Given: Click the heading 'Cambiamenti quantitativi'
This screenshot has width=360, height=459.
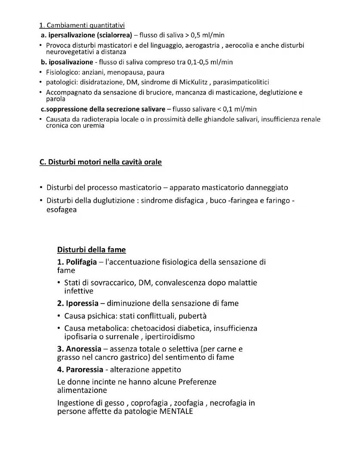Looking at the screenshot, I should coord(82,26).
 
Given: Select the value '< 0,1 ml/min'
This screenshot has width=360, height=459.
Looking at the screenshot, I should coord(237,109).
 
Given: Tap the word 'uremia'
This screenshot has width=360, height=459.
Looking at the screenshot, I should coord(95,126).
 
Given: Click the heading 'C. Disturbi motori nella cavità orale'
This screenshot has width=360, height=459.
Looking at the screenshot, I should coord(101,162).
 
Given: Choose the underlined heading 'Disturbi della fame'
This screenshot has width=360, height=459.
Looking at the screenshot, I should coord(92,249).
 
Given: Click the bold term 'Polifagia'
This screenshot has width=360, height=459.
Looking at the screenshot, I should coord(81,262).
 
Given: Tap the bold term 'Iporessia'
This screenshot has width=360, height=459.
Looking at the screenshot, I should coord(82,303).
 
